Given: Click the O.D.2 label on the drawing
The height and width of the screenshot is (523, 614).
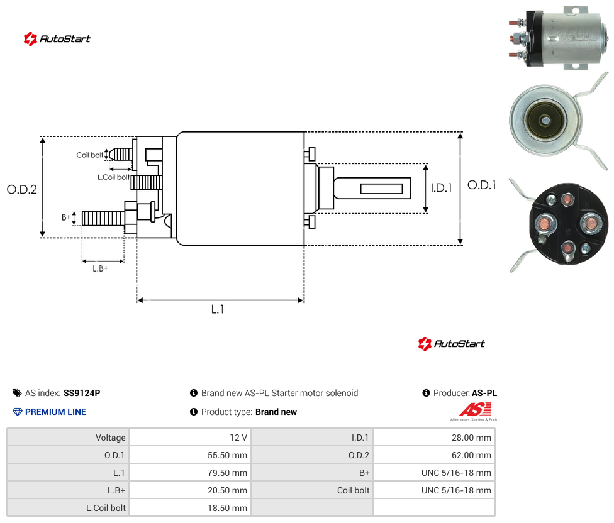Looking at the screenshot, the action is (x=22, y=190).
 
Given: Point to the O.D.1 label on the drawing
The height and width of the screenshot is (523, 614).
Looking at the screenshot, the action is (x=481, y=185).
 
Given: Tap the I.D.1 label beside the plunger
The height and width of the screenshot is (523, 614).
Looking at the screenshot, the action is (x=442, y=188).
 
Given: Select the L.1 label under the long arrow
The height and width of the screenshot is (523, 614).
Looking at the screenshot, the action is (x=218, y=309).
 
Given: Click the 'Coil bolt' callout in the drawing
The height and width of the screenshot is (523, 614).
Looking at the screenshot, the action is (x=90, y=155).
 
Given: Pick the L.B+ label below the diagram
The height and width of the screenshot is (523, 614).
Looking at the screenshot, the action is (x=101, y=268).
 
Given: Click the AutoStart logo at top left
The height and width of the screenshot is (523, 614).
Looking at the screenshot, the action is (x=57, y=39).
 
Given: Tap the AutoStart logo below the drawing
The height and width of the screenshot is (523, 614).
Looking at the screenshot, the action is (x=452, y=344).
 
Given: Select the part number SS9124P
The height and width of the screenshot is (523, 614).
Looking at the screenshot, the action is (x=82, y=393).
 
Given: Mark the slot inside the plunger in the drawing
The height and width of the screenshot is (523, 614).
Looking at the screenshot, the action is (x=381, y=189).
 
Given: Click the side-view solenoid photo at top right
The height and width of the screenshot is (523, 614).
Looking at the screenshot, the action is (x=559, y=38).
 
